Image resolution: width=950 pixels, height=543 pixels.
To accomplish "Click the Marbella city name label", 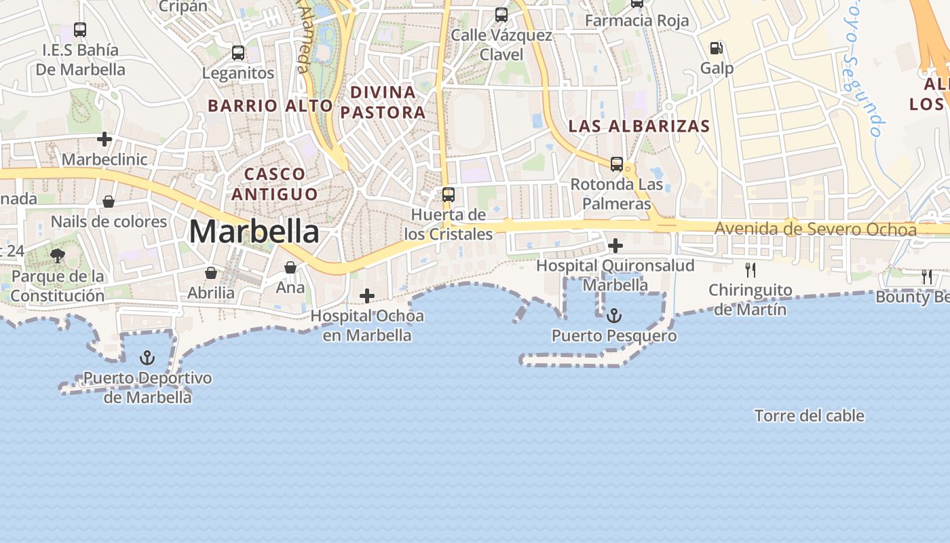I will [254, 231].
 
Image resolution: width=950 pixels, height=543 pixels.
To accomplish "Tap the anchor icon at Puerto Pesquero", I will [613, 316].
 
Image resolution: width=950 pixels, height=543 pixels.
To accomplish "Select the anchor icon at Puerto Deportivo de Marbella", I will [147, 358].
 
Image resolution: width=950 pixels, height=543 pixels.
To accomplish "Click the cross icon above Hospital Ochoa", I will [367, 296].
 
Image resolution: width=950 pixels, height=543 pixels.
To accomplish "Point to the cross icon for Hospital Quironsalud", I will [615, 245].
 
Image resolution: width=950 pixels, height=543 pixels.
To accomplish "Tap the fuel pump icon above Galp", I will [716, 48].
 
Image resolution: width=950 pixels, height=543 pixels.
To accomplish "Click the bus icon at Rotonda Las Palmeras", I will [616, 164].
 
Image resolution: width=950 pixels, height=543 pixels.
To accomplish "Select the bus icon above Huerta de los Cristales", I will [448, 195].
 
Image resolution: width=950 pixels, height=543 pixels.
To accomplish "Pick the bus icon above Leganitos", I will [237, 52].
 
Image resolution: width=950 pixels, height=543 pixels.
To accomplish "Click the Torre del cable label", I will [810, 415].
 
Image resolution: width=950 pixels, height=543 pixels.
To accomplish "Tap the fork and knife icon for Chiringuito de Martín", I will [750, 269].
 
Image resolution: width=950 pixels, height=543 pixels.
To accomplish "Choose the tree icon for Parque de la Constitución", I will [58, 256].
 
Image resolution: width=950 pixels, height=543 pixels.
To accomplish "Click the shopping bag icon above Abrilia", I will [211, 273].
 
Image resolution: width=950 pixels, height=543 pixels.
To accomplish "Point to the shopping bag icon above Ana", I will [290, 267].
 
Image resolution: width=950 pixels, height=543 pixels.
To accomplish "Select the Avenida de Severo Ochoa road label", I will [815, 229].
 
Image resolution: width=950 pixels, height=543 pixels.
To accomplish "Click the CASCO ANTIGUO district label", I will [274, 184].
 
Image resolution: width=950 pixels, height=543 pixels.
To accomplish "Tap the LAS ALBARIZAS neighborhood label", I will [639, 126].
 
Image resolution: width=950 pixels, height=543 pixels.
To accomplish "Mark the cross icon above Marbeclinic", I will [104, 139].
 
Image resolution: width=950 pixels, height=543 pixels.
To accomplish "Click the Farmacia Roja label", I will [636, 20].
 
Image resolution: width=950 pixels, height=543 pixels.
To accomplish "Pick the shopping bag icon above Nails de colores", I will [108, 202].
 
